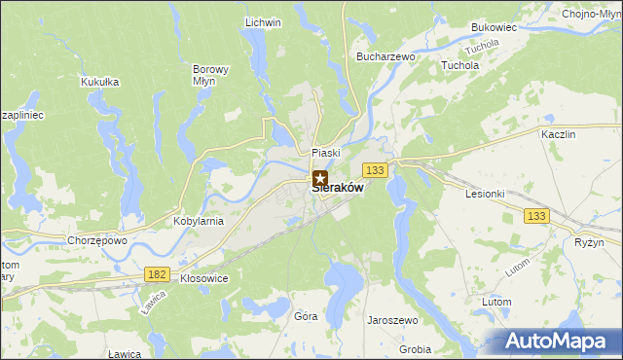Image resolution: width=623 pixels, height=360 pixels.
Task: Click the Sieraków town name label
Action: click(x=339, y=190)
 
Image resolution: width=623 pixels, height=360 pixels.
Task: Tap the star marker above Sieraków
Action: click(x=320, y=178)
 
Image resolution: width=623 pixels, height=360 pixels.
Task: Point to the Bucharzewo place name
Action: click(x=386, y=57)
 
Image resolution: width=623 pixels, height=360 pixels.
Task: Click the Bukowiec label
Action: click(x=494, y=28)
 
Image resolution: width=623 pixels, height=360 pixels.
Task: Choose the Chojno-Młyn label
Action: click(x=591, y=13)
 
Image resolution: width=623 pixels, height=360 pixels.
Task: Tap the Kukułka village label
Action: click(x=100, y=82)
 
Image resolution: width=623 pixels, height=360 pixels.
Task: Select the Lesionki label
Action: click(x=485, y=193)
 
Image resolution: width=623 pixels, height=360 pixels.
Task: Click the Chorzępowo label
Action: click(x=97, y=240)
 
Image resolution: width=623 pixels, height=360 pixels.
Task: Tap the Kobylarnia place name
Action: click(x=199, y=221)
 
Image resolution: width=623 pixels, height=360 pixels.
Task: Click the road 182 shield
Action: click(x=157, y=275)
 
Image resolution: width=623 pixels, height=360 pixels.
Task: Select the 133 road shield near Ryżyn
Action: click(x=534, y=215)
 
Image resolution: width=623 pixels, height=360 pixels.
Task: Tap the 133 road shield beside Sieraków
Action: click(x=378, y=170)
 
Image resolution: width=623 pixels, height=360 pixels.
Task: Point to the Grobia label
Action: click(x=415, y=349)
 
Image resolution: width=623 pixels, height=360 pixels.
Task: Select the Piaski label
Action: click(x=325, y=153)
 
